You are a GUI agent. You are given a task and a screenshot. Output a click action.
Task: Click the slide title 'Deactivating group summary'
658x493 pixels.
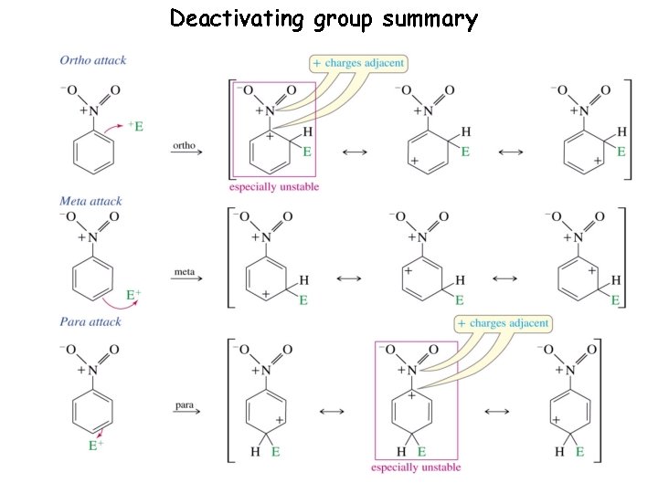click(x=324, y=18)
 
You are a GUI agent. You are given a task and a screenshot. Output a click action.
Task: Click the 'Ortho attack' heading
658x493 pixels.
click(x=93, y=61)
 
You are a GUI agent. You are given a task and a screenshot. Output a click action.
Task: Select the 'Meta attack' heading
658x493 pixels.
click(x=90, y=201)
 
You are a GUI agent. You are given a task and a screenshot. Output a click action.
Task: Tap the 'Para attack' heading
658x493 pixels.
click(x=90, y=322)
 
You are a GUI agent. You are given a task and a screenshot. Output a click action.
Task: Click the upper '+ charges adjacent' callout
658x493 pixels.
click(x=358, y=63)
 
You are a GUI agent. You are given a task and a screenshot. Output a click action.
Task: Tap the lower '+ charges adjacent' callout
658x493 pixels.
click(x=503, y=323)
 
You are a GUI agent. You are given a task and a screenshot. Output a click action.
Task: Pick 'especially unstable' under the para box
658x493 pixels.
click(x=416, y=467)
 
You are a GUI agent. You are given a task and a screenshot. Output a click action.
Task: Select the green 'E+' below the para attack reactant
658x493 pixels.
click(x=94, y=446)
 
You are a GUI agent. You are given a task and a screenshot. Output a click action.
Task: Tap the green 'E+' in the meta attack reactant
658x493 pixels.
click(x=133, y=296)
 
